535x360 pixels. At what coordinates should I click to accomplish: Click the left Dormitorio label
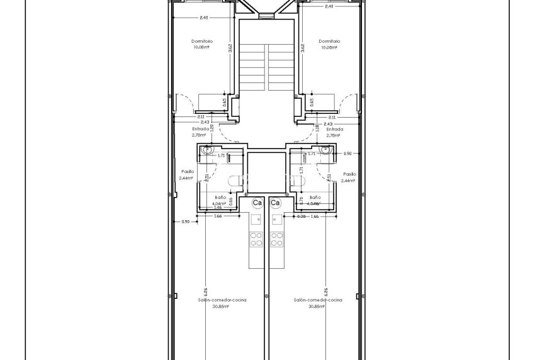tap(202, 41)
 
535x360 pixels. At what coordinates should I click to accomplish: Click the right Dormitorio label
tap(329, 41)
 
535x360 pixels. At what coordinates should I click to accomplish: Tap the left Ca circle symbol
tap(257, 203)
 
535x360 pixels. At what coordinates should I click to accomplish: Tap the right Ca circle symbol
tap(275, 203)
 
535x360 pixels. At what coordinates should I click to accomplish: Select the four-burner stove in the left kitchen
tap(257, 239)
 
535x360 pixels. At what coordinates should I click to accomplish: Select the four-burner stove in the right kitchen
tap(276, 239)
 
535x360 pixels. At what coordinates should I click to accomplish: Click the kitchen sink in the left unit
tap(257, 219)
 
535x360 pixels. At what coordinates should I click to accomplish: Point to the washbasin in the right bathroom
tap(325, 150)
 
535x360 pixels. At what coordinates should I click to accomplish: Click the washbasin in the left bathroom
tap(207, 150)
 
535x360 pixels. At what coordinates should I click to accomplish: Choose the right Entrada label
tap(335, 129)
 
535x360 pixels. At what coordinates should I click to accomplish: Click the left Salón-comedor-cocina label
tap(222, 300)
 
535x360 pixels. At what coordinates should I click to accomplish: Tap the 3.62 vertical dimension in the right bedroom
tap(303, 48)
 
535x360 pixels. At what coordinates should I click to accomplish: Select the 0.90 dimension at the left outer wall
tap(185, 222)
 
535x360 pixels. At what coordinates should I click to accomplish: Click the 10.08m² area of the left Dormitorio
tap(202, 47)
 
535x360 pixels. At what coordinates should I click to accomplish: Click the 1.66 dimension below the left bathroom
tap(218, 216)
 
